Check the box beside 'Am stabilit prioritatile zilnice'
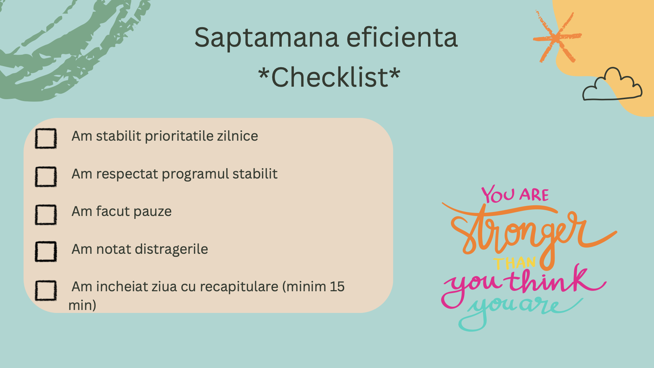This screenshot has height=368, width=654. pos(46,138)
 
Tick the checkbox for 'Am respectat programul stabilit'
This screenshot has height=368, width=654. pos(46,177)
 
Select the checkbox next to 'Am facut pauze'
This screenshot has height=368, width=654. pos(46,214)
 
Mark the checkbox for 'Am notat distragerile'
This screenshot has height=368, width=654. pos(46,252)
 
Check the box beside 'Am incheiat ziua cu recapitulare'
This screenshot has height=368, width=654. pos(46,291)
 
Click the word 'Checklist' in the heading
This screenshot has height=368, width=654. pos(330,77)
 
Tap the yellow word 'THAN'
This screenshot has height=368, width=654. pos(515,263)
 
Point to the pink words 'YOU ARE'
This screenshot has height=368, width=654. pos(515,194)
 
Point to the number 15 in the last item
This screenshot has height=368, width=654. pos(337,286)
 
